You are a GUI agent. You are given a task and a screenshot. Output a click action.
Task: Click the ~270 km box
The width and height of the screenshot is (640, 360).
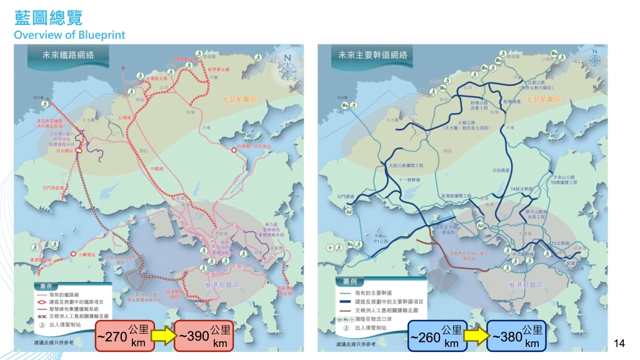[x=124, y=336]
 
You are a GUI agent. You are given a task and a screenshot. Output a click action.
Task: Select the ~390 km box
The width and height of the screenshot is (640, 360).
[x=204, y=336]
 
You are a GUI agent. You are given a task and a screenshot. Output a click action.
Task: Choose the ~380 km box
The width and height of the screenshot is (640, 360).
[x=516, y=336]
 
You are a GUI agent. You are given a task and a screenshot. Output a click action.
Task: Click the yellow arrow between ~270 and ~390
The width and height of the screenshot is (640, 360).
[x=164, y=336]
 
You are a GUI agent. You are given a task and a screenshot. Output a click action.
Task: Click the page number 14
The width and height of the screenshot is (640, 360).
[x=620, y=342]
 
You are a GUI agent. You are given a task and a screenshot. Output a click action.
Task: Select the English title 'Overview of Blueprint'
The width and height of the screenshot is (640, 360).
[x=69, y=34]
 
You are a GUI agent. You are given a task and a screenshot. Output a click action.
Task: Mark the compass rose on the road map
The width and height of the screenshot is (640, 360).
[x=592, y=67]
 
